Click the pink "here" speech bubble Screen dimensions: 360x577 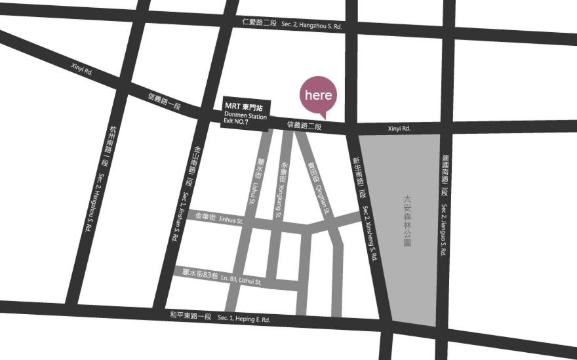coord(319,95)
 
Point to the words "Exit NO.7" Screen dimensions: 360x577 coord(240,123)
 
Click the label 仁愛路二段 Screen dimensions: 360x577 coord(259,23)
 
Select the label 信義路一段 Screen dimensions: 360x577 coord(164,102)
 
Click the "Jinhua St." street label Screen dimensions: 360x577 coord(231,221)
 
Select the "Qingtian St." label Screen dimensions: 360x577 coord(321,198)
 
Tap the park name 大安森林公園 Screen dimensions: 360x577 coord(407,220)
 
